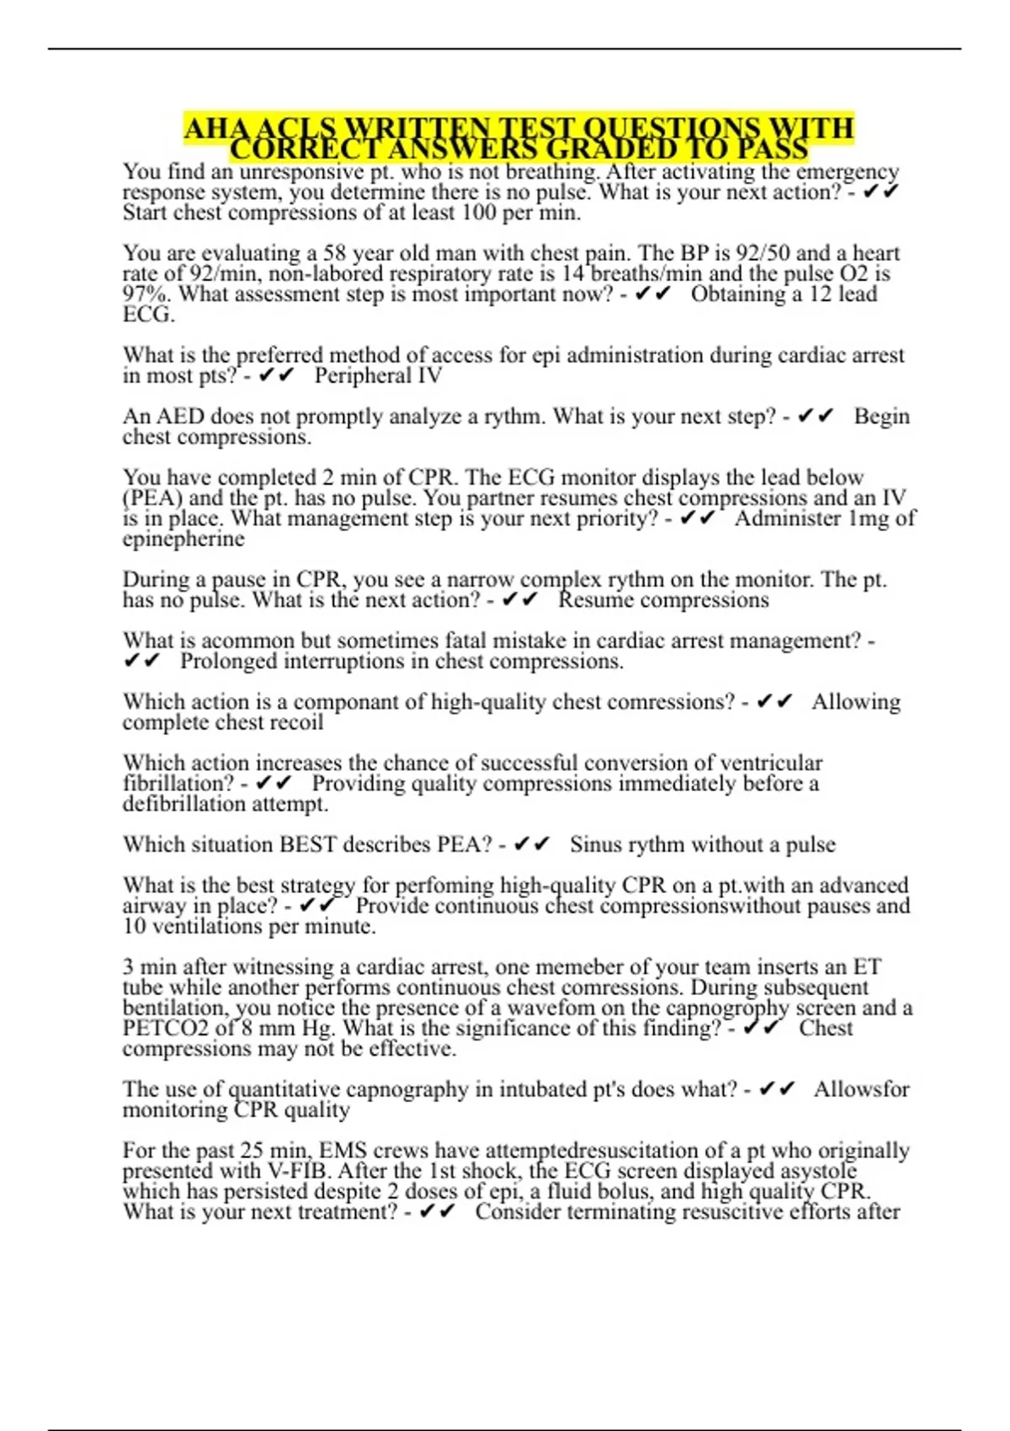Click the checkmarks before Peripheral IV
pyautogui.click(x=277, y=376)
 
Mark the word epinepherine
pyautogui.click(x=183, y=540)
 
